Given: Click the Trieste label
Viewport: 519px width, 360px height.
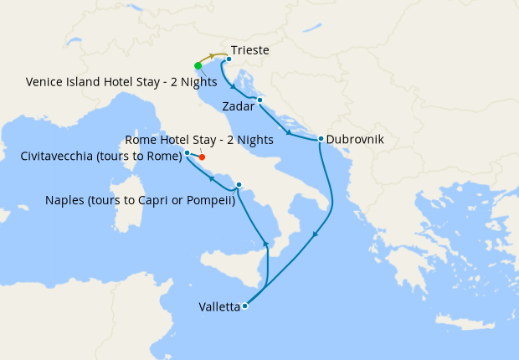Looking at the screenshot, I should [249, 51].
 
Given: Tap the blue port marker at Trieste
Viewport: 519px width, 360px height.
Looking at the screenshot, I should [229, 59].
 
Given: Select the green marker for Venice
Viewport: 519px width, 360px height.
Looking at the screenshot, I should [198, 65].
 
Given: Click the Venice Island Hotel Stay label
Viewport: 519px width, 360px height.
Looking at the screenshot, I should [121, 82].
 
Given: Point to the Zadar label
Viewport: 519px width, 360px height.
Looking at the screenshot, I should [239, 106].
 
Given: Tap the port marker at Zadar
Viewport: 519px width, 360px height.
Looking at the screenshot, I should [260, 100].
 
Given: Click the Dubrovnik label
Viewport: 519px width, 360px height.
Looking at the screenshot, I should [355, 140].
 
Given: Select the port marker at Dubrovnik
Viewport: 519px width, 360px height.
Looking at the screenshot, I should [321, 139].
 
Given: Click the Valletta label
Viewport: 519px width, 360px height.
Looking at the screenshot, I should [219, 306].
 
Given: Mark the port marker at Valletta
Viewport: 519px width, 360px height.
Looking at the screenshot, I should [244, 306].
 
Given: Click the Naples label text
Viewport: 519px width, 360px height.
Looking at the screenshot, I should [138, 201].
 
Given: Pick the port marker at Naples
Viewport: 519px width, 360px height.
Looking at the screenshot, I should [239, 185].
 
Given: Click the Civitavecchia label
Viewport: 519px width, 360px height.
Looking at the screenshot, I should [100, 156].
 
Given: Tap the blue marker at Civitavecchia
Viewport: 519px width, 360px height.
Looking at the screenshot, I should [188, 153].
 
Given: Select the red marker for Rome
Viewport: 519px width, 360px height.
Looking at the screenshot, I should [202, 157].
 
